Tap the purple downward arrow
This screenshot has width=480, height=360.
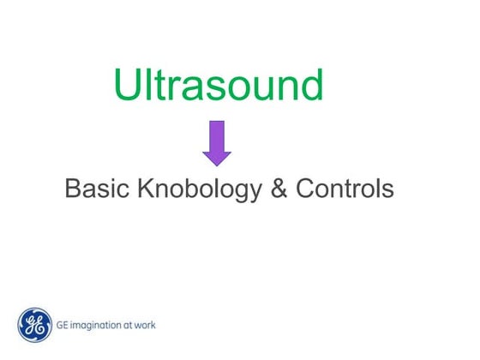click(217, 142)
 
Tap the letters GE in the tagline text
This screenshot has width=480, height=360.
click(63, 326)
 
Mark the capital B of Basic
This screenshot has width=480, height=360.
click(73, 189)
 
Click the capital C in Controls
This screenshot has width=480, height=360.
click(305, 189)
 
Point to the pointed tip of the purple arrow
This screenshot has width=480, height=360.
click(217, 163)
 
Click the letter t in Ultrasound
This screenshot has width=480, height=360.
click(158, 85)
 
